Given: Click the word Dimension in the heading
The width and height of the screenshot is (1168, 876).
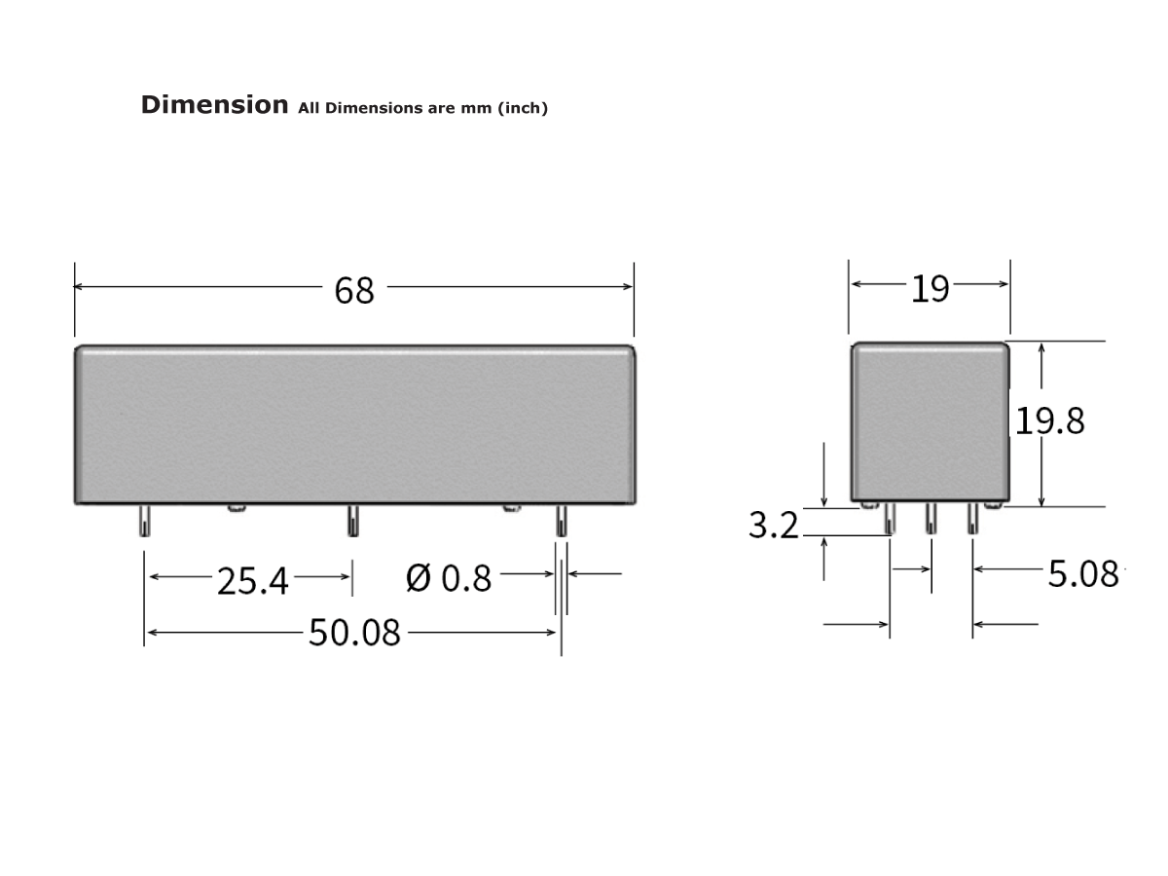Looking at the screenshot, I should (x=214, y=105).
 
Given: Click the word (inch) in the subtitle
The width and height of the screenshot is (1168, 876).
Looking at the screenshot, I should (x=523, y=108).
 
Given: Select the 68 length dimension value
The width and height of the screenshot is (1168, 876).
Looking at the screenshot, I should (x=354, y=290).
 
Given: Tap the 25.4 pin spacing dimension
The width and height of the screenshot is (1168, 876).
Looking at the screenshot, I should (x=253, y=581).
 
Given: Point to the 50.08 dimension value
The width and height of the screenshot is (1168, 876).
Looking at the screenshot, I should (x=354, y=633).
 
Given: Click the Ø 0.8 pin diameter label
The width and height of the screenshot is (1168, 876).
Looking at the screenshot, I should (x=450, y=578).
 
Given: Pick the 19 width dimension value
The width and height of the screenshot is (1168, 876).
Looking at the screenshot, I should (x=930, y=288).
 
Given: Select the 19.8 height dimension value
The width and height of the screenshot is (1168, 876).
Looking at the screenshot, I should (x=1050, y=420).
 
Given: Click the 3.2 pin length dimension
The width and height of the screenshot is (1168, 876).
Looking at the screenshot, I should (x=774, y=526).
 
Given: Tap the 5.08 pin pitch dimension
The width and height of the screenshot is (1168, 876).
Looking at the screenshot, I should (x=1083, y=574).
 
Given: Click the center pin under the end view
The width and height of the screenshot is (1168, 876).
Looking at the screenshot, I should (x=931, y=520).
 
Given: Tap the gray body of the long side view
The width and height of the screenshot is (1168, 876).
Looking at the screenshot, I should (x=354, y=423).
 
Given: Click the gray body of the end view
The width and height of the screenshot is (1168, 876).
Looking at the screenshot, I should (x=930, y=420).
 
